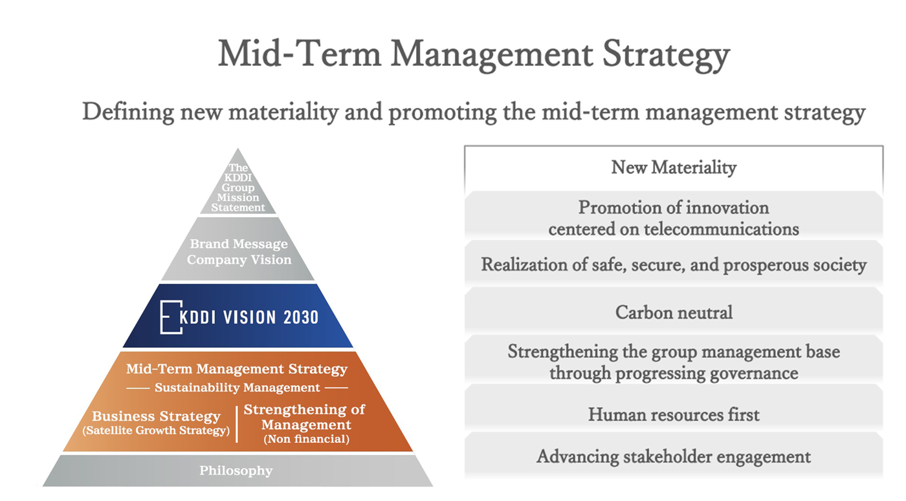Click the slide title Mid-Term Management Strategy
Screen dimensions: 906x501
(x=474, y=54)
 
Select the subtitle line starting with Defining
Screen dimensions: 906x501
(x=474, y=112)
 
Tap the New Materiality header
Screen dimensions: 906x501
(x=674, y=167)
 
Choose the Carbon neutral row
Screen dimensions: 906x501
(x=674, y=312)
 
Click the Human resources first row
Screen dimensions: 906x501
(x=674, y=414)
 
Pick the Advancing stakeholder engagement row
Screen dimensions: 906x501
(x=674, y=457)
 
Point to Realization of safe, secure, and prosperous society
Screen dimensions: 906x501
(x=674, y=265)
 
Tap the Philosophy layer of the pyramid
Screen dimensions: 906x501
(x=236, y=471)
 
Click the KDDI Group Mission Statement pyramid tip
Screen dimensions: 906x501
(x=238, y=187)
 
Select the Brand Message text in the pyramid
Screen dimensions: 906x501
(x=239, y=244)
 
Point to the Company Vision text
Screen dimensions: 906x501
(x=239, y=260)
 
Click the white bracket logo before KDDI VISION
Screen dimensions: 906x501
(x=171, y=317)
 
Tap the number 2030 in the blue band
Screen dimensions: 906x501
(x=300, y=317)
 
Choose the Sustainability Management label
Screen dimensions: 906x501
(x=238, y=388)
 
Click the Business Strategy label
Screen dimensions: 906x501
(x=156, y=416)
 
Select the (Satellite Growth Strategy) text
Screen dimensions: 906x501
(x=156, y=431)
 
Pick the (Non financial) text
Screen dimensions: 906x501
(x=307, y=439)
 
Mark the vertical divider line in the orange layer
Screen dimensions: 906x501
(x=237, y=424)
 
